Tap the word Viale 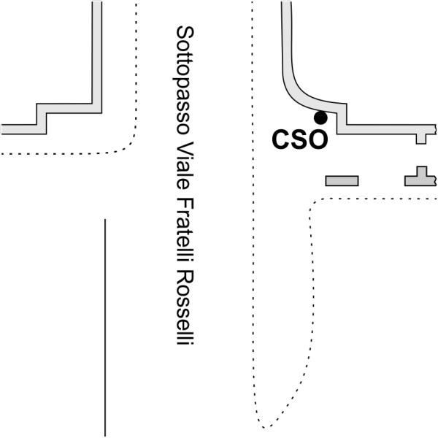point(185,164)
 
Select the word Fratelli point(185,230)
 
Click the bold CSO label point(299,139)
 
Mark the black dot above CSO point(320,117)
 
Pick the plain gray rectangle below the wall point(342,180)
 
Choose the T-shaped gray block point(420,177)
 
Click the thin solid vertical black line point(106,328)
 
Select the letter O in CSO point(316,139)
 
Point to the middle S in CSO point(299,139)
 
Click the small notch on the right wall point(421,137)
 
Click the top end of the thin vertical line point(106,220)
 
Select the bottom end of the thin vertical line point(106,436)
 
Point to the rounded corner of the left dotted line point(130,143)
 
